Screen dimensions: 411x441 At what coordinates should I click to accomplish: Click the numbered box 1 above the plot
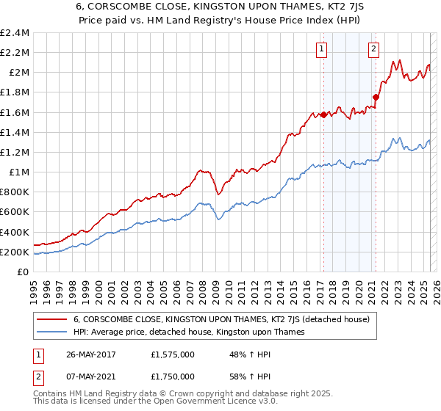point(322,49)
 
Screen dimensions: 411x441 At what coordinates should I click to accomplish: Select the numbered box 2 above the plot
point(373,49)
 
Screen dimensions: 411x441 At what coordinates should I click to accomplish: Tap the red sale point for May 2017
point(323,114)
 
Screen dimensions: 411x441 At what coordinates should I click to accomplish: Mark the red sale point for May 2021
point(376,96)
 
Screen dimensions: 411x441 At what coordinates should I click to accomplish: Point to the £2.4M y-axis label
point(15,33)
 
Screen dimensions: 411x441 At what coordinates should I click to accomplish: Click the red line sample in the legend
point(51,320)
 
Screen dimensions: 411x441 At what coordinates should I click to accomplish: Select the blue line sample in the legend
point(51,332)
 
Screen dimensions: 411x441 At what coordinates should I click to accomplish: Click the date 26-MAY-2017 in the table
point(93,353)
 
